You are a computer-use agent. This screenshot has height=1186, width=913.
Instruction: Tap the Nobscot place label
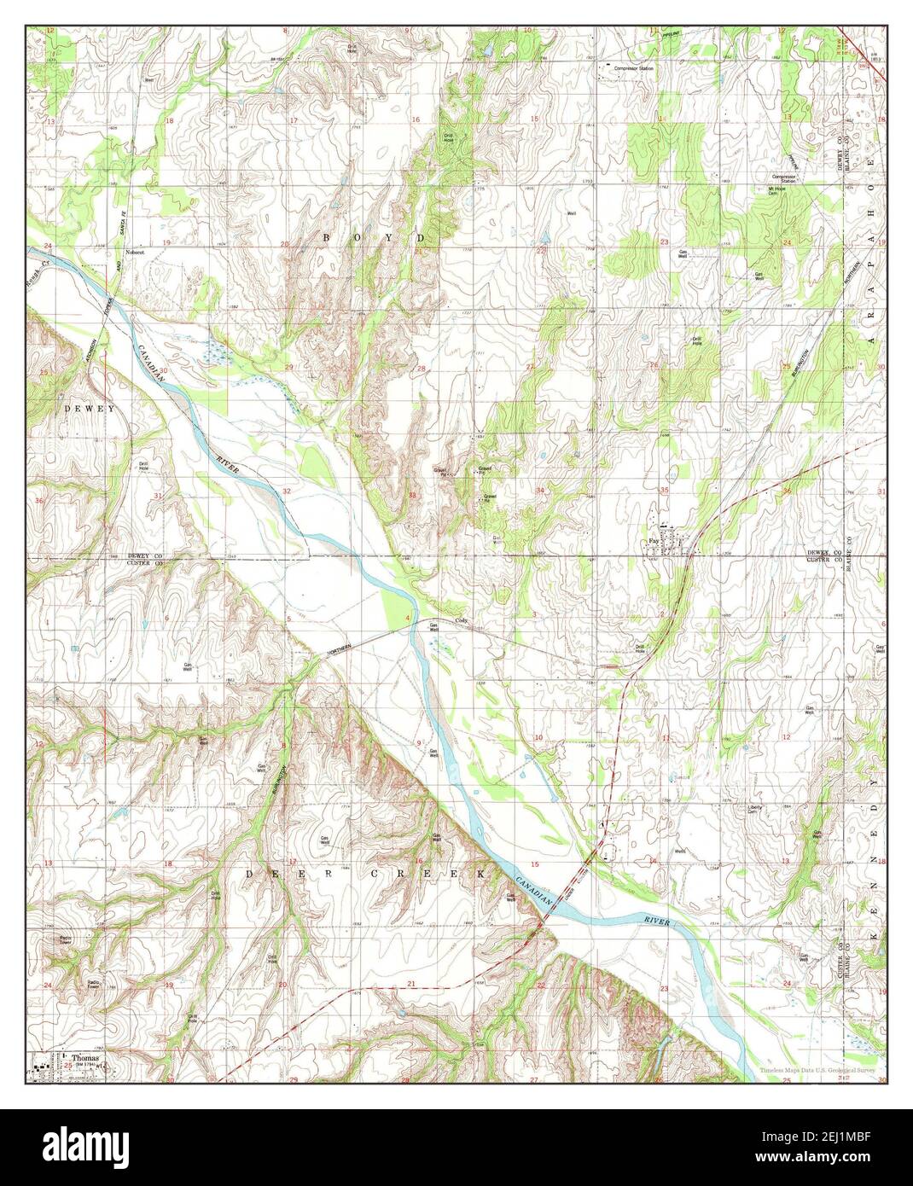point(136,253)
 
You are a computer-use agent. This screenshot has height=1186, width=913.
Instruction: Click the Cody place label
point(461,620)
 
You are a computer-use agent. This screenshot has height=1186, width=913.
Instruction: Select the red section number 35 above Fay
point(663,490)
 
